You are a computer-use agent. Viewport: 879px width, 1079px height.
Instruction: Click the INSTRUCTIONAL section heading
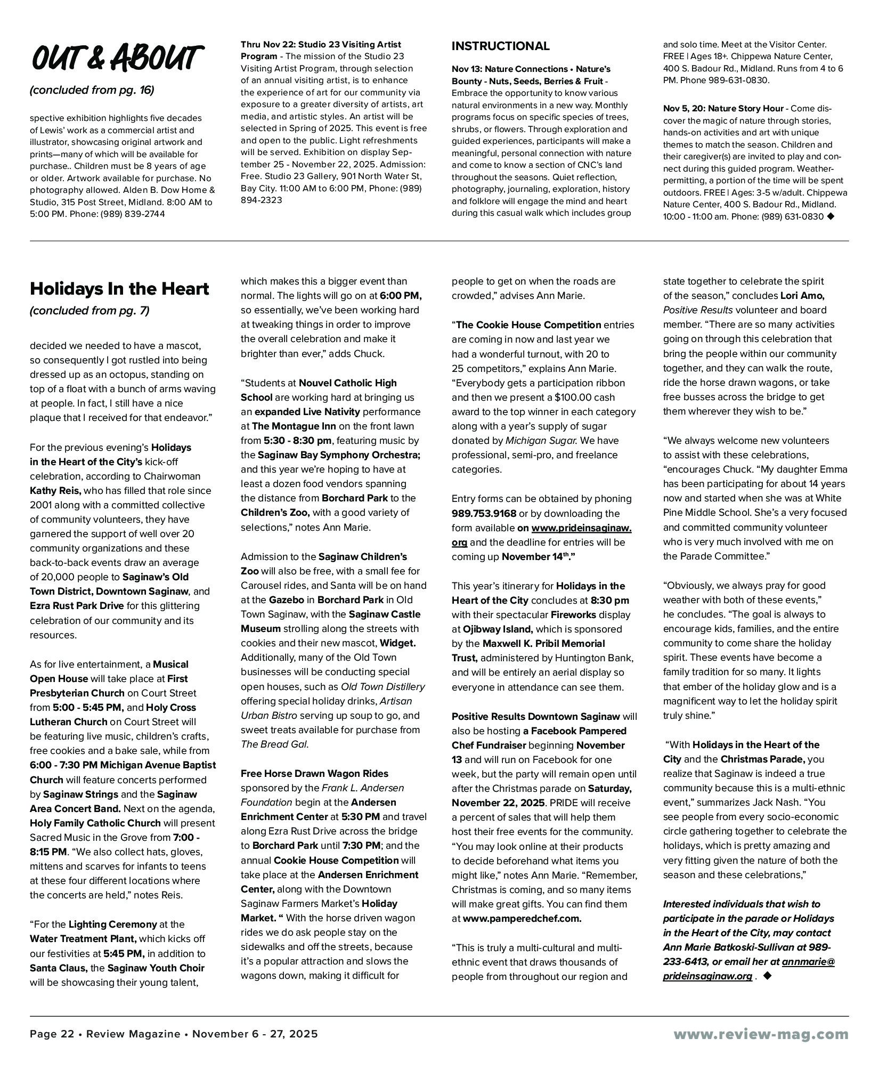tap(500, 46)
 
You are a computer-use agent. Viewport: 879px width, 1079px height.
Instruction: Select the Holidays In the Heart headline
tap(119, 289)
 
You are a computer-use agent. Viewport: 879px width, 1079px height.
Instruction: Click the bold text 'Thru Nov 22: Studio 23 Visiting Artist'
tap(321, 44)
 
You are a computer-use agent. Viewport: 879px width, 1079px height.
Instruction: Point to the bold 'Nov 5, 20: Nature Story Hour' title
tap(723, 109)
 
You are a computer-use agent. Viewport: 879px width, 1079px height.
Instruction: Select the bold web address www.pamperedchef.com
tap(522, 918)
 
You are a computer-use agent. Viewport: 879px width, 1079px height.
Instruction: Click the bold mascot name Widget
tap(397, 643)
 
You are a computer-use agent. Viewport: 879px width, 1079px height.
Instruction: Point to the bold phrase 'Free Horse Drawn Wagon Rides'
tap(314, 774)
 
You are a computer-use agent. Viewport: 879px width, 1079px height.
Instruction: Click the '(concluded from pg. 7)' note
tap(89, 311)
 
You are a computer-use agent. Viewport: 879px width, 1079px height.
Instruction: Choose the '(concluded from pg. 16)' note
tap(92, 90)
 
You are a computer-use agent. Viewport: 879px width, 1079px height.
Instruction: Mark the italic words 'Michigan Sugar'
tap(540, 441)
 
